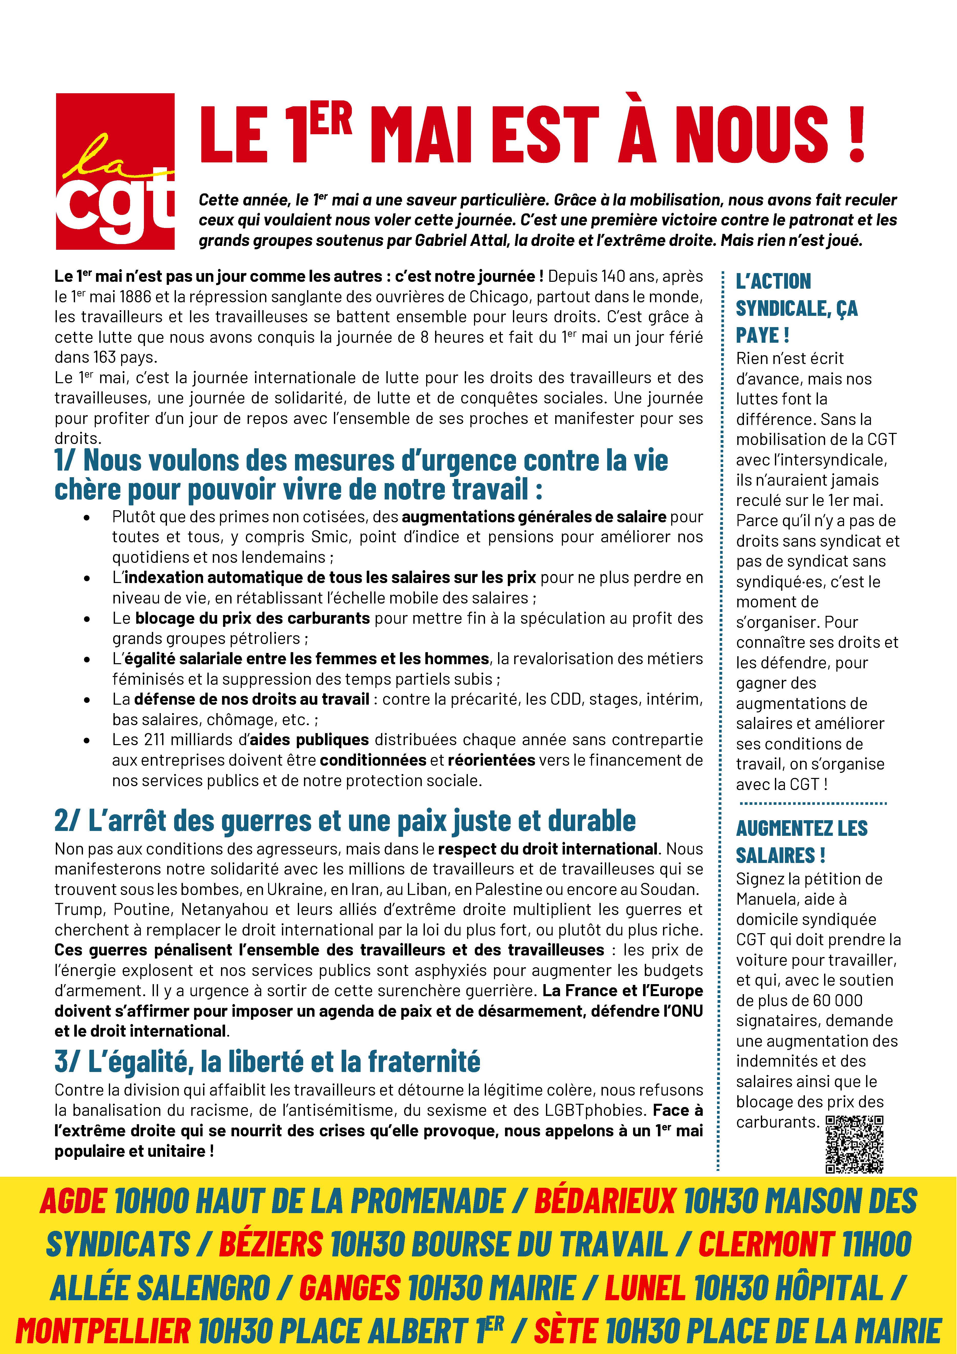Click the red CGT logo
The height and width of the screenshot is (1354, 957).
point(115,171)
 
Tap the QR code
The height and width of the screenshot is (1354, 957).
point(854,1144)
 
